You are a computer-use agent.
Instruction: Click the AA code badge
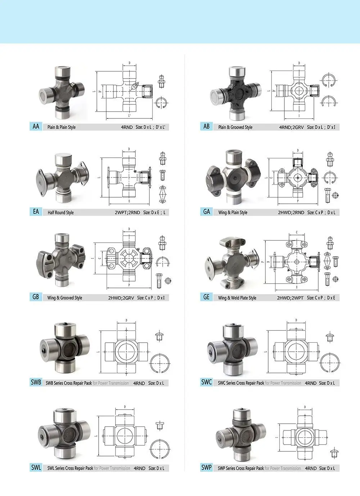pos(36,126)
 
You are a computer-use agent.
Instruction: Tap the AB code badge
pos(206,126)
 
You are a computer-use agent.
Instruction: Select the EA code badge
pos(36,212)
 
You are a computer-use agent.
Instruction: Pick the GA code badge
pos(206,212)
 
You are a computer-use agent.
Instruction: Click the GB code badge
pos(36,297)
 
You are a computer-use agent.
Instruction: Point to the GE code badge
pos(206,297)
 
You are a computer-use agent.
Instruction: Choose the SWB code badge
pos(36,382)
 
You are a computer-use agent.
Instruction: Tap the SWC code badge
pos(207,382)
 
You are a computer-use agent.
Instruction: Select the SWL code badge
pos(36,468)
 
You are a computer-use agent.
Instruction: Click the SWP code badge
pos(207,468)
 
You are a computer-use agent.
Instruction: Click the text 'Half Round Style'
pos(60,213)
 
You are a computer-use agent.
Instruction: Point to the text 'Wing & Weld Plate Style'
pos(237,298)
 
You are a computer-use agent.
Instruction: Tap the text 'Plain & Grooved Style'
pos(235,127)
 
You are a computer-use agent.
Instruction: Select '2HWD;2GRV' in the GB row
pos(121,298)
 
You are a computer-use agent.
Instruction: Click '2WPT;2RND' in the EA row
pos(127,213)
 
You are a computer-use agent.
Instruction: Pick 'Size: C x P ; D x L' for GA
pos(321,213)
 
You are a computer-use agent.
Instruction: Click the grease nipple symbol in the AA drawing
pos(162,81)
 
